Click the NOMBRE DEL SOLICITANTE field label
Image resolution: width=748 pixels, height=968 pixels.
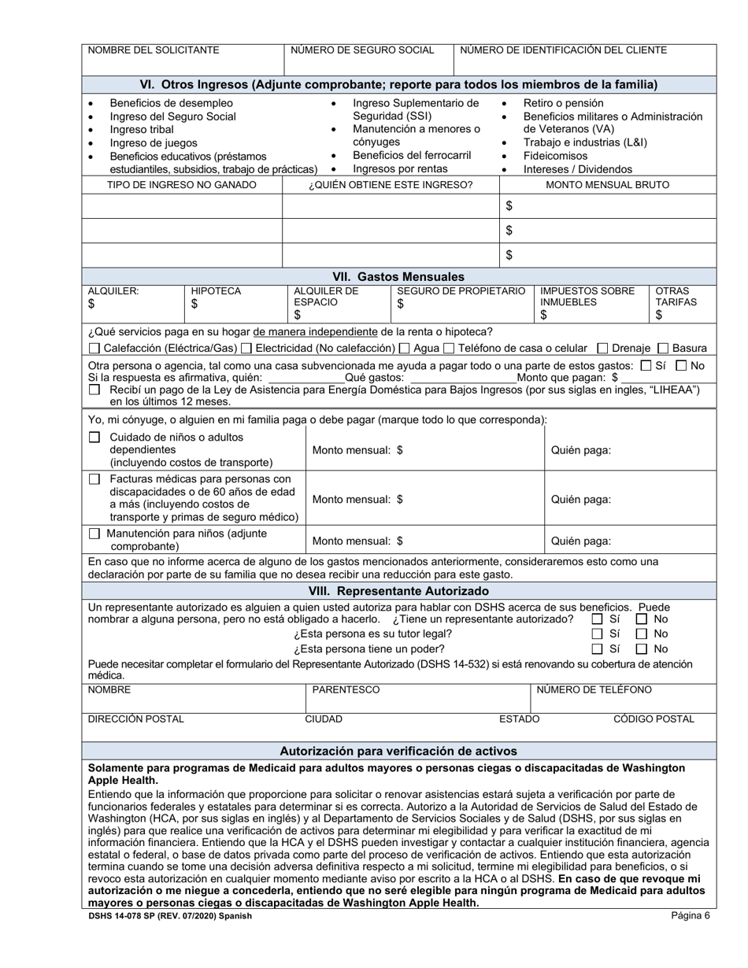point(154,50)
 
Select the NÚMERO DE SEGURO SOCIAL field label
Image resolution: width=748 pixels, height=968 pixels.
point(362,50)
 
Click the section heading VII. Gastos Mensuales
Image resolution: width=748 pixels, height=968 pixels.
point(398,276)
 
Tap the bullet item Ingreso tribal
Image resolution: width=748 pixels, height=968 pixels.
point(139,130)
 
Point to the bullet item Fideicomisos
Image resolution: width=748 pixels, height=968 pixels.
point(555,156)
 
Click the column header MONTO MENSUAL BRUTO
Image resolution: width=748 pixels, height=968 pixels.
point(607,185)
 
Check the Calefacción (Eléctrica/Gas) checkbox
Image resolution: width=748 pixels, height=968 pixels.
point(94,348)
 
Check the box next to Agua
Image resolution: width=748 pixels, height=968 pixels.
point(405,348)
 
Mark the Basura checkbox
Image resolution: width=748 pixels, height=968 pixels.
point(663,348)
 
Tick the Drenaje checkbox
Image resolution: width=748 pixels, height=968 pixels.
point(603,348)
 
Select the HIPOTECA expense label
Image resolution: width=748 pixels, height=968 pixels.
point(216,291)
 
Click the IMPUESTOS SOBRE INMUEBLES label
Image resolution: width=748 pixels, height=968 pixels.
point(587,297)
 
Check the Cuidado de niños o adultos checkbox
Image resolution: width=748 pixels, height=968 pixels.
point(94,438)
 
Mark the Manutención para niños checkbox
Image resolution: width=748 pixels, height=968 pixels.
point(94,534)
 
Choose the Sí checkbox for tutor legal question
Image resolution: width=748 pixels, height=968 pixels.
point(598,634)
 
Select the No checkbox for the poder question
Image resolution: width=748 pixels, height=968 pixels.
point(642,648)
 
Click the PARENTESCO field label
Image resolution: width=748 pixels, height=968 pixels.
point(346,690)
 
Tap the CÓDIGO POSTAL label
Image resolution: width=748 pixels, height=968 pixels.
point(654,719)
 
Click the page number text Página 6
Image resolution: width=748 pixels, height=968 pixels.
point(691,915)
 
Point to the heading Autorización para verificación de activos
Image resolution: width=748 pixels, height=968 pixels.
point(398,751)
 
